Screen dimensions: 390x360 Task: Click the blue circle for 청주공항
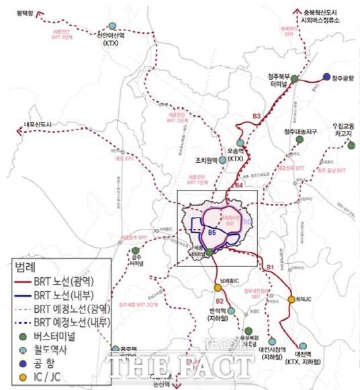point(326,77)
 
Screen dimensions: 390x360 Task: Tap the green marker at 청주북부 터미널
point(294,79)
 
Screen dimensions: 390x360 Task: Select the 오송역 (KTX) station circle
point(240,142)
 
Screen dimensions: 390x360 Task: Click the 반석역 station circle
point(231,311)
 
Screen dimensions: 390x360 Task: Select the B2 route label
point(220,301)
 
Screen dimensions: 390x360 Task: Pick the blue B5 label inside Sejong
point(211,232)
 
